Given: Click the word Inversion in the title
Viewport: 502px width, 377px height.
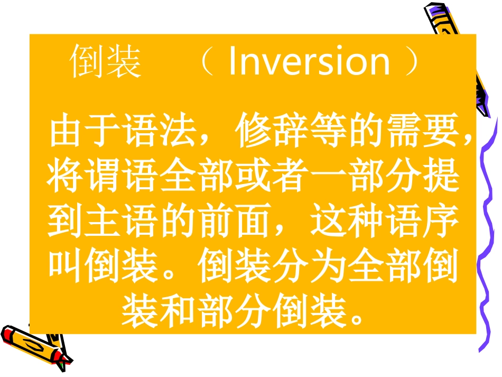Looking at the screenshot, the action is pos(309,61).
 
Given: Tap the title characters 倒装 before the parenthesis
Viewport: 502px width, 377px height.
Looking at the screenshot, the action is pos(105,61).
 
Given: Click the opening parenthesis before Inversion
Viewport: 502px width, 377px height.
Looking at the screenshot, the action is pos(208,61).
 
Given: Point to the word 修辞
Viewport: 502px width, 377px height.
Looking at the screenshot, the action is pos(272,130).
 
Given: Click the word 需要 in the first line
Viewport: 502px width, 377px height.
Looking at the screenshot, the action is pos(423,130).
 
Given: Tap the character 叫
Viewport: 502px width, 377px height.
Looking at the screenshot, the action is pos(65,265).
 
